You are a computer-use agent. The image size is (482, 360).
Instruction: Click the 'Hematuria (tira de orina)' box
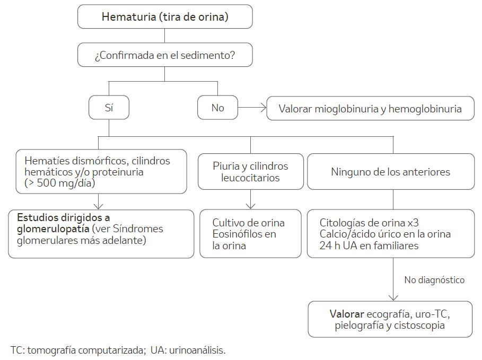click(x=165, y=16)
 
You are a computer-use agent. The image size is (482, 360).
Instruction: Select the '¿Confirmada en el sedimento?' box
click(x=165, y=55)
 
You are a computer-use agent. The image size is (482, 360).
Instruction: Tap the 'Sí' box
click(x=109, y=108)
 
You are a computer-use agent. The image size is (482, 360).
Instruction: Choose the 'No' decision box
click(x=217, y=108)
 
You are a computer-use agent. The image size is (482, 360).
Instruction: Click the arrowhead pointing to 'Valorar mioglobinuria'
click(x=264, y=108)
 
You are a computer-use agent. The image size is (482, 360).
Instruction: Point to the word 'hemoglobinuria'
click(x=425, y=109)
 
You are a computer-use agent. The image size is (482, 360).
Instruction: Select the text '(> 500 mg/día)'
click(x=59, y=183)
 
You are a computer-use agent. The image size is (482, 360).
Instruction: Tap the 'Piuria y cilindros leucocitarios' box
click(x=250, y=172)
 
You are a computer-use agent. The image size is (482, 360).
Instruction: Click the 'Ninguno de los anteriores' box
click(x=391, y=172)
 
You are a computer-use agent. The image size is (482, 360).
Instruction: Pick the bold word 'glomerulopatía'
click(x=53, y=229)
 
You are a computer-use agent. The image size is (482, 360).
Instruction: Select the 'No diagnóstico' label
click(x=434, y=280)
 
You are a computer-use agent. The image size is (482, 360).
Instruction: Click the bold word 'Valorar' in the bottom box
click(x=347, y=314)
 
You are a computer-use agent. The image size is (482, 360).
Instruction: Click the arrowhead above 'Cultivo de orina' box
click(x=250, y=206)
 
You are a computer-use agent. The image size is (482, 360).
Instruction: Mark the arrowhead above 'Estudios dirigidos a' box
click(x=98, y=206)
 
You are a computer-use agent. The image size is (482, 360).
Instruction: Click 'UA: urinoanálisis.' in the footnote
click(x=188, y=350)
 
